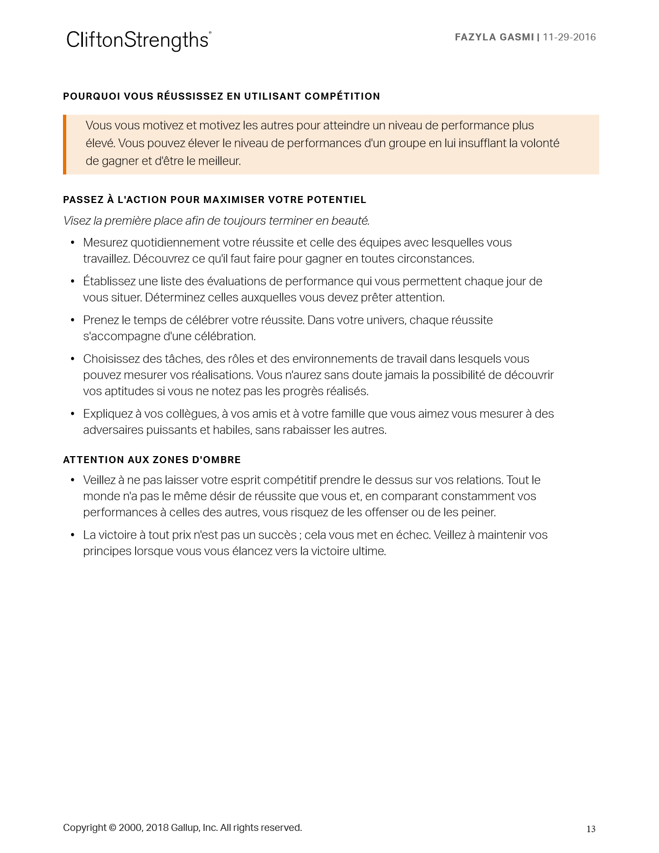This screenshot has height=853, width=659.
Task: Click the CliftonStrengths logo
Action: (x=138, y=40)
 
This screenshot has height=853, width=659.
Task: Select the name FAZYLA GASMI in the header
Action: (x=494, y=37)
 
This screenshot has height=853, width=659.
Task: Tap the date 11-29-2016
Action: (x=569, y=37)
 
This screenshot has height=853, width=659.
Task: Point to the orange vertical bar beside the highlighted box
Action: (x=65, y=144)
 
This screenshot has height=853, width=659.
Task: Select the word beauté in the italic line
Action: (x=350, y=221)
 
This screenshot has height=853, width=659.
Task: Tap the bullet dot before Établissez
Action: (x=73, y=282)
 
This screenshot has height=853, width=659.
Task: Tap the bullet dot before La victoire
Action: (x=73, y=535)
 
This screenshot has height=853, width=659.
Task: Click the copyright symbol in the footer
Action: (x=113, y=828)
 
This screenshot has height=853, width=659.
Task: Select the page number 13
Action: (x=591, y=829)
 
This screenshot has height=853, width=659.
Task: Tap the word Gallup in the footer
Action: (x=185, y=828)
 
